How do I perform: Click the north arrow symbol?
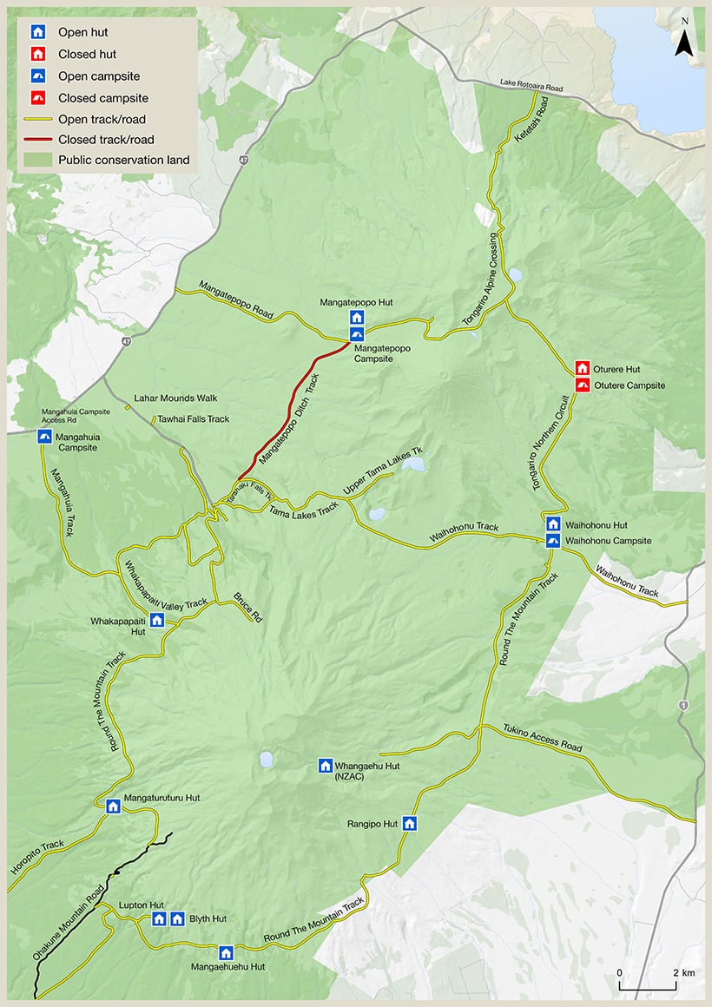pos(685,41)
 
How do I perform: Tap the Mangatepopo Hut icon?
pos(357,317)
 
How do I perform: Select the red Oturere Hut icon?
pos(582,368)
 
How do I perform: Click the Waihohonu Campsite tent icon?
pos(553,541)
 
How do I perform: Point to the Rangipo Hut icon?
pos(410,824)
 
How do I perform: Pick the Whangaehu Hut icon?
pos(326,766)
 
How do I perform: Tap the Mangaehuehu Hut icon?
pos(227,952)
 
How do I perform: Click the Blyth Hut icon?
pos(177,918)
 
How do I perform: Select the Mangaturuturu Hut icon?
pos(113,806)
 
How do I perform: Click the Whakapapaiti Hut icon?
pos(157,620)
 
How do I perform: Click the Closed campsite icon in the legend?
pos(38,98)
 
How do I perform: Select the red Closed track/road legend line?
pos(38,140)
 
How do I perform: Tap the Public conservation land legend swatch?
pos(38,160)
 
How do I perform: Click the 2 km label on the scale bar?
pos(682,972)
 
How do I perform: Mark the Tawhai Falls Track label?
pos(194,419)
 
